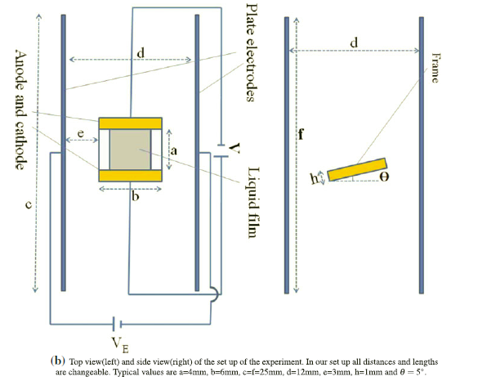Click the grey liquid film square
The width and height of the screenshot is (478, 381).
(x=129, y=150)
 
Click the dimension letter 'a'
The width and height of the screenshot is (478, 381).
(x=173, y=151)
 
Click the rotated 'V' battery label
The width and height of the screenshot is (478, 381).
(x=235, y=147)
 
